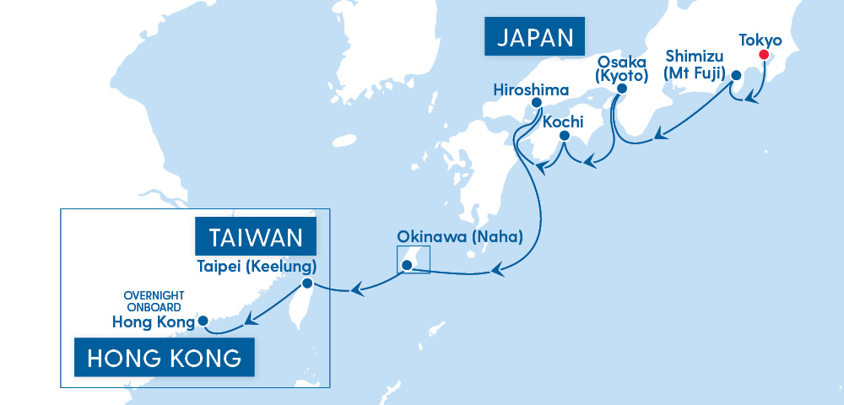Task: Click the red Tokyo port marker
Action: click(764, 55)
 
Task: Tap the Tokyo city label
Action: click(760, 40)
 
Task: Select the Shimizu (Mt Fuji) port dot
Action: click(735, 74)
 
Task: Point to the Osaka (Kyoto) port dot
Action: click(621, 89)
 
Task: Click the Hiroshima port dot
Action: click(535, 103)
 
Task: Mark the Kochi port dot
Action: click(564, 136)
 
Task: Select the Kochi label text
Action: click(563, 121)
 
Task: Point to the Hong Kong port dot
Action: click(203, 321)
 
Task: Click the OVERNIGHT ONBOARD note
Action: click(154, 302)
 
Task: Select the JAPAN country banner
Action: click(535, 37)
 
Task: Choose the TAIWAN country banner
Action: click(256, 235)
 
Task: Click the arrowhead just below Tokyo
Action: click(750, 100)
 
